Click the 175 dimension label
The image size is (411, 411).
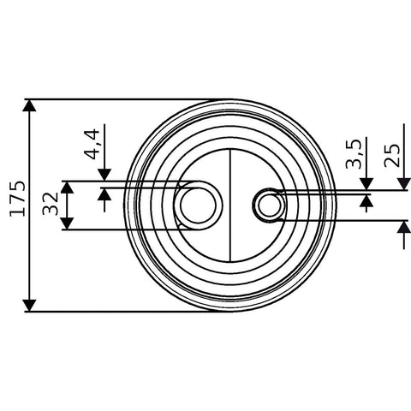tap(17, 199)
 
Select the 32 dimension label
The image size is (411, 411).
tap(51, 204)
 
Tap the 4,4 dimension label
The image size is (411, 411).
tap(92, 144)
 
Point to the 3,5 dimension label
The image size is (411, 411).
tap(354, 153)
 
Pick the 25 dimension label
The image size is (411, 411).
tap(392, 156)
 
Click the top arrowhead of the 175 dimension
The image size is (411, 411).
tap(30, 105)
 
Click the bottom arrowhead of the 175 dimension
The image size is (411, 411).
tap(30, 306)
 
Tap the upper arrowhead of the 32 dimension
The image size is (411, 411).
tap(68, 188)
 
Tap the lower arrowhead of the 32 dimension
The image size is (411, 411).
tap(68, 223)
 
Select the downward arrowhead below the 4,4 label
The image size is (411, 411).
tap(104, 175)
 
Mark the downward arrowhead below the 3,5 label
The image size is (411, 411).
tap(366, 184)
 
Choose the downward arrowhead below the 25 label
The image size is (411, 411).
tap(404, 184)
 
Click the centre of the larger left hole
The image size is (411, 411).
tap(199, 205)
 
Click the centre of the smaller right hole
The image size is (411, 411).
tap(269, 205)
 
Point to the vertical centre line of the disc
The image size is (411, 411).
tap(230, 205)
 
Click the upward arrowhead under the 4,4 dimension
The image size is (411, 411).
tap(104, 194)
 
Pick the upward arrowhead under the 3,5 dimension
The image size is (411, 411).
tap(366, 201)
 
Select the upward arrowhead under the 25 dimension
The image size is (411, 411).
tap(404, 227)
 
